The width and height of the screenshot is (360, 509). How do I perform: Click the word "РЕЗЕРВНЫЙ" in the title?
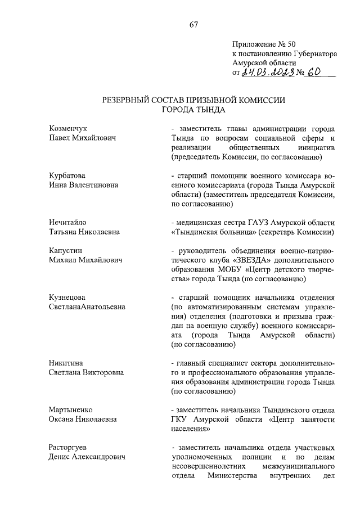(x=127, y=100)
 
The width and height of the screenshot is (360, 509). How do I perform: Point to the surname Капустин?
(x=65, y=250)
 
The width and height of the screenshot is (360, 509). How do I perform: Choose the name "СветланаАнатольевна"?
(x=87, y=307)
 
